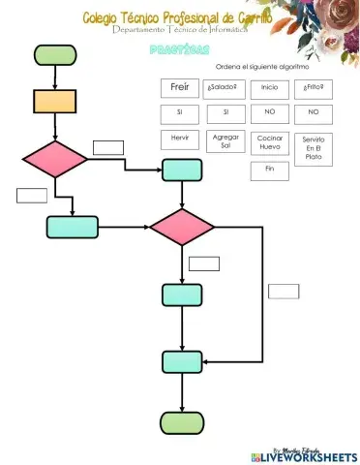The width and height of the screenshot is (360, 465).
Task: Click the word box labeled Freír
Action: (x=179, y=88)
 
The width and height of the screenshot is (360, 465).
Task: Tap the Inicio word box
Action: (x=269, y=88)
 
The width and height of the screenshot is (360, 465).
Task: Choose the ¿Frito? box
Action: (x=313, y=88)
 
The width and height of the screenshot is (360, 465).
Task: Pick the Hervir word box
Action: (x=179, y=139)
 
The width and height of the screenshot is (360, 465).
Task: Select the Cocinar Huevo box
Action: (x=269, y=142)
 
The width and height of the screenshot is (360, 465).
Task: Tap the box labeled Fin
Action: (x=269, y=170)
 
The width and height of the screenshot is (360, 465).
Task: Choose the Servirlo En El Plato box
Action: (x=313, y=148)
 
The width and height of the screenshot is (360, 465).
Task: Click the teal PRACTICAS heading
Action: (x=175, y=48)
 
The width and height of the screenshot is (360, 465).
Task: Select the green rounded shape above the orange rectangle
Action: (x=55, y=55)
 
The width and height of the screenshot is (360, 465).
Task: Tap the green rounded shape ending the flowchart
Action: (x=182, y=422)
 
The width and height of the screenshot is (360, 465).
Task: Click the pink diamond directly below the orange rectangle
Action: (x=55, y=159)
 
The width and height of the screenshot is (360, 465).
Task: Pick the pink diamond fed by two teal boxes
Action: (x=182, y=227)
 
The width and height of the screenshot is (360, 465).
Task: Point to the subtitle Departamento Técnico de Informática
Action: (x=179, y=30)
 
